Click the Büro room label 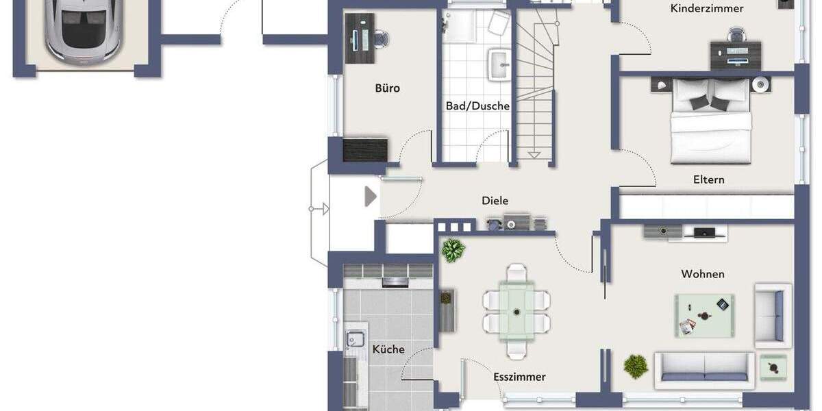(x=387, y=88)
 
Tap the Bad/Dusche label (x=477, y=106)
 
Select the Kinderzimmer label (x=707, y=9)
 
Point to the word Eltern (x=708, y=179)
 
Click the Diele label (x=495, y=201)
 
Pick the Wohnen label (x=702, y=274)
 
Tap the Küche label (x=388, y=349)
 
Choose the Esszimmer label (x=519, y=377)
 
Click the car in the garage (x=83, y=31)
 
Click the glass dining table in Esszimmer (x=516, y=311)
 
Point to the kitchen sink (x=355, y=338)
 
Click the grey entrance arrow (x=371, y=197)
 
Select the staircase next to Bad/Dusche (x=534, y=89)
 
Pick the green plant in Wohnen (x=636, y=366)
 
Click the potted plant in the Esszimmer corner (x=453, y=250)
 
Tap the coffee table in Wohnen (x=704, y=315)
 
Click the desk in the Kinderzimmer (x=735, y=53)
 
